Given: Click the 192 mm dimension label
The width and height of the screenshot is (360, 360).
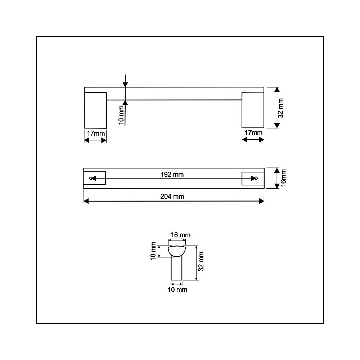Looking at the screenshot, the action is point(172,175).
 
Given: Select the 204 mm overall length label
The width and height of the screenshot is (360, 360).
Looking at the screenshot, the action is point(172,197).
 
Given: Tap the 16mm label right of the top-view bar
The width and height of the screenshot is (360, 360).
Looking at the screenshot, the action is point(283,178).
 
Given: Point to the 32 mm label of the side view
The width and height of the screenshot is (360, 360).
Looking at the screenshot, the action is point(280,108).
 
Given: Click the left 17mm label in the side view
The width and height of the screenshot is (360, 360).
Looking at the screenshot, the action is point(96,134).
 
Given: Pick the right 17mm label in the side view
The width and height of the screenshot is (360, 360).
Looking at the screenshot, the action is point(253,133).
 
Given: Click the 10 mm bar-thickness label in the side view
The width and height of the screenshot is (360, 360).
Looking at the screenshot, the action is point(121,115).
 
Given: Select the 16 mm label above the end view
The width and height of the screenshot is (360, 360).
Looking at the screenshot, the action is point(181,235).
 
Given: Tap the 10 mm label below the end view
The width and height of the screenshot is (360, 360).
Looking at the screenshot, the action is point(177,290).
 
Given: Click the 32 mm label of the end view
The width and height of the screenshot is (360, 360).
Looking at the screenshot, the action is point(201,261).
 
